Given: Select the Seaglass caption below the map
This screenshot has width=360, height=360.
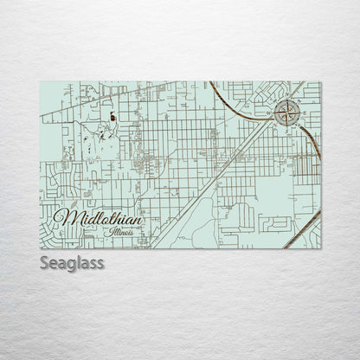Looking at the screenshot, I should (x=72, y=262).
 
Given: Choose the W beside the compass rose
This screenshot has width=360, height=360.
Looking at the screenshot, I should (x=274, y=111).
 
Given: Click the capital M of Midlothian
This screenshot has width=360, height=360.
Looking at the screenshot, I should (x=62, y=217).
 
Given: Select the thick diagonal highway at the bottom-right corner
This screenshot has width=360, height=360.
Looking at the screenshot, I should (x=303, y=228).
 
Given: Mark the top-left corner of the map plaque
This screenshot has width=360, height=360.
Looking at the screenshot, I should (x=41, y=82).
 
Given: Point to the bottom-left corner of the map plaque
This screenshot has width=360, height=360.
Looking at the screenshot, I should (x=41, y=248).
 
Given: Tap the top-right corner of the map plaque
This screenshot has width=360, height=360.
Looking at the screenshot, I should (x=320, y=82).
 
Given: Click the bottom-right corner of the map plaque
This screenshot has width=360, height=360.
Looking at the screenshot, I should (x=320, y=248).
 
